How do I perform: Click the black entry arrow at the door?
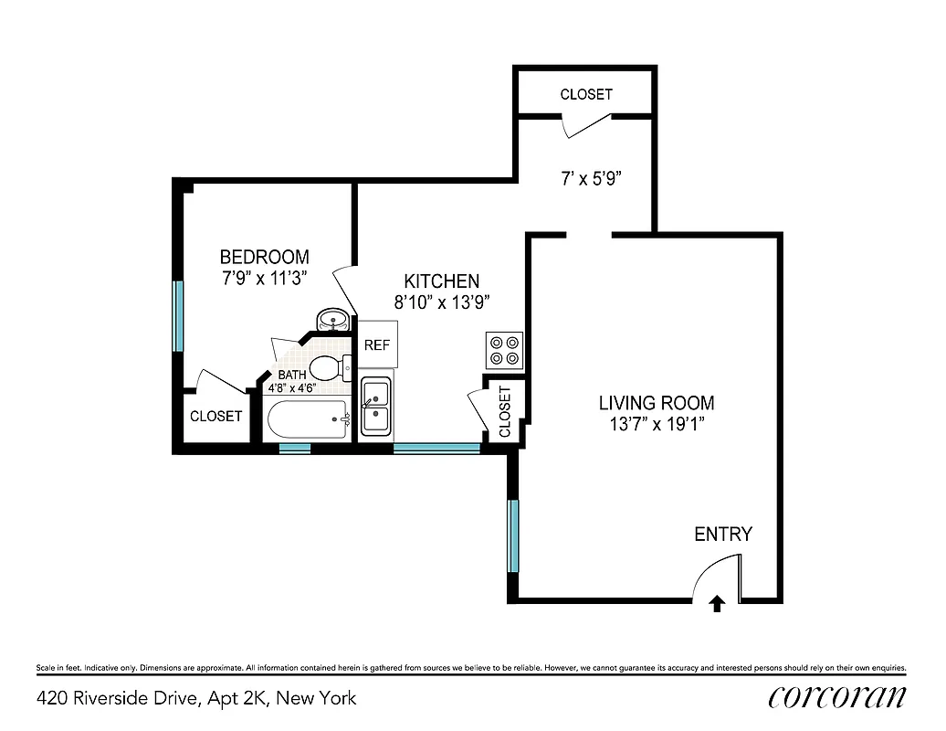718,603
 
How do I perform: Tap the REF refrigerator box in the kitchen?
376,345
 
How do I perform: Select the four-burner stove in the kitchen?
505,350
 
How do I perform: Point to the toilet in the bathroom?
328,368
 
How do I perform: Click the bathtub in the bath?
308,420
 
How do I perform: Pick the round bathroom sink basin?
331,320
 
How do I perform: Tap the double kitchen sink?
376,407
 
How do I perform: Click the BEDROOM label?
265,257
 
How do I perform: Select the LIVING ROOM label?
657,402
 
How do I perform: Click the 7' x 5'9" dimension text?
591,180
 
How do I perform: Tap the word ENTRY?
723,535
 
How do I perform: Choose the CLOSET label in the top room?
586,94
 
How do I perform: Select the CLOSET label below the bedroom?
216,416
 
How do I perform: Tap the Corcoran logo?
837,697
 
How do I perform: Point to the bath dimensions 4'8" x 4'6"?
291,387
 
